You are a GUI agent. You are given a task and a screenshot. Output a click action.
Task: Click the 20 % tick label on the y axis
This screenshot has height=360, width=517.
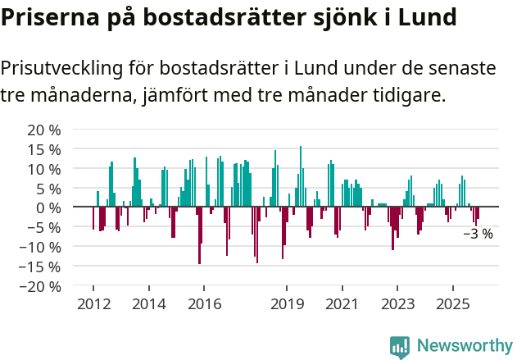click(45, 130)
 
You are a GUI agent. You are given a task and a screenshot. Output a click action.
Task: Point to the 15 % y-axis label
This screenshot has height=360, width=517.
click(45, 149)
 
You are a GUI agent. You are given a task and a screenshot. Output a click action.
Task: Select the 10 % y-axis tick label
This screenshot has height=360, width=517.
click(45, 169)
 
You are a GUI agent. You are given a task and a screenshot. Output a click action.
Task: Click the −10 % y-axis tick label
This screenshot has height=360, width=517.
click(41, 247)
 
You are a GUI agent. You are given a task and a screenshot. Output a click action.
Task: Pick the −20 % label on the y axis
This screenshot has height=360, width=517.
click(41, 286)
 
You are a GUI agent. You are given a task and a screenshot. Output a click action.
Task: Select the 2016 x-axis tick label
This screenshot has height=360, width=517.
click(204, 304)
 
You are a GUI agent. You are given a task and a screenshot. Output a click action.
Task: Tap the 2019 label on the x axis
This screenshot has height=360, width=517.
click(287, 304)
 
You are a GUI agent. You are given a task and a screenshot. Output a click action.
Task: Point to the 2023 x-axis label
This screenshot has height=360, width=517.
click(398, 304)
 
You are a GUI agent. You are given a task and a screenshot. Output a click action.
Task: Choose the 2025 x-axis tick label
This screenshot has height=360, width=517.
click(453, 304)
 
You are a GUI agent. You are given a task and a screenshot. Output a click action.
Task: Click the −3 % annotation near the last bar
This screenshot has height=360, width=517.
click(478, 234)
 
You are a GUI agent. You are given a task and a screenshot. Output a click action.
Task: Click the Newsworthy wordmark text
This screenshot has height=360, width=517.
click(465, 346)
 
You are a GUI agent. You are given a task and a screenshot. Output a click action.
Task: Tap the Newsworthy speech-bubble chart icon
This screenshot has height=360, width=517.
click(400, 347)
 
